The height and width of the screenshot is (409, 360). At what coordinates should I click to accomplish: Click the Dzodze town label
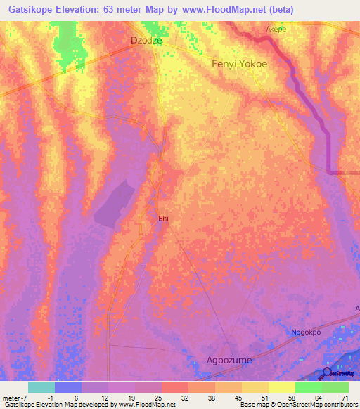point(147,41)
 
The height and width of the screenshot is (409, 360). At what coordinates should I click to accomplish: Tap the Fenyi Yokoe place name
point(240,63)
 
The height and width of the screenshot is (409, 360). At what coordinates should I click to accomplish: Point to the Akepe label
point(276,30)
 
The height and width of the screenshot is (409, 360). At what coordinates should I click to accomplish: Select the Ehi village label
point(163,219)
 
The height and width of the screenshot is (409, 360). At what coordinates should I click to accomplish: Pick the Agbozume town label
point(229,360)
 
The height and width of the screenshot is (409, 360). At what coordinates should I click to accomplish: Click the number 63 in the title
point(111,9)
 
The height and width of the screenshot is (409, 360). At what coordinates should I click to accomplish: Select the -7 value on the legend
point(24,398)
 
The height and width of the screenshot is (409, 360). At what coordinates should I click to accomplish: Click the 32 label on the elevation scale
point(184,398)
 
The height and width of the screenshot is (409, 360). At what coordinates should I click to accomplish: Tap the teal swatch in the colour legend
point(41,387)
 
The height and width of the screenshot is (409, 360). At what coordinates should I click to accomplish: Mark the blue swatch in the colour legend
point(68,387)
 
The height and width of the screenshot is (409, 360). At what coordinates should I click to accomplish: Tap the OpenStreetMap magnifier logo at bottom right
point(328,373)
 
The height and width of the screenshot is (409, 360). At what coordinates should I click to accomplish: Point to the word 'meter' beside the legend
point(10,398)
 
